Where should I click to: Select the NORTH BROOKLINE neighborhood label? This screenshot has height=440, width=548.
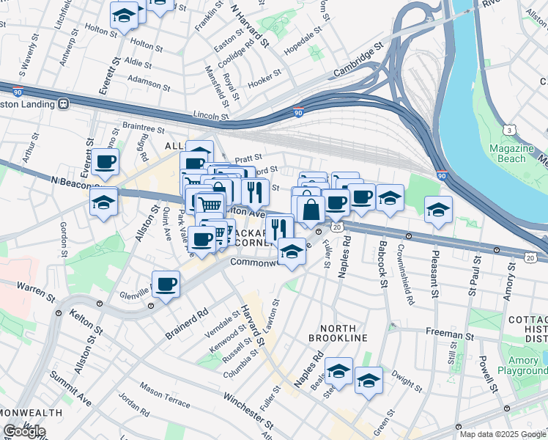click(337, 331)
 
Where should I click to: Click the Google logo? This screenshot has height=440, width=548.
click(24, 431)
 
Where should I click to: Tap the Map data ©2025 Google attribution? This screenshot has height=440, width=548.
click(502, 434)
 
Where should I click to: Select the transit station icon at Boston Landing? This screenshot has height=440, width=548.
click(64, 103)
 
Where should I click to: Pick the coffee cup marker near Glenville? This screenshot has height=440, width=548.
click(166, 285)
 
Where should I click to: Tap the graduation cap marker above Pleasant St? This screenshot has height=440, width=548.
click(437, 210)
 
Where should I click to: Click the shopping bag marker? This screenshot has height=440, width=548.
click(311, 209)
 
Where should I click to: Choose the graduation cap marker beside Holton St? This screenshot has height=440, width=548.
click(125, 16)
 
